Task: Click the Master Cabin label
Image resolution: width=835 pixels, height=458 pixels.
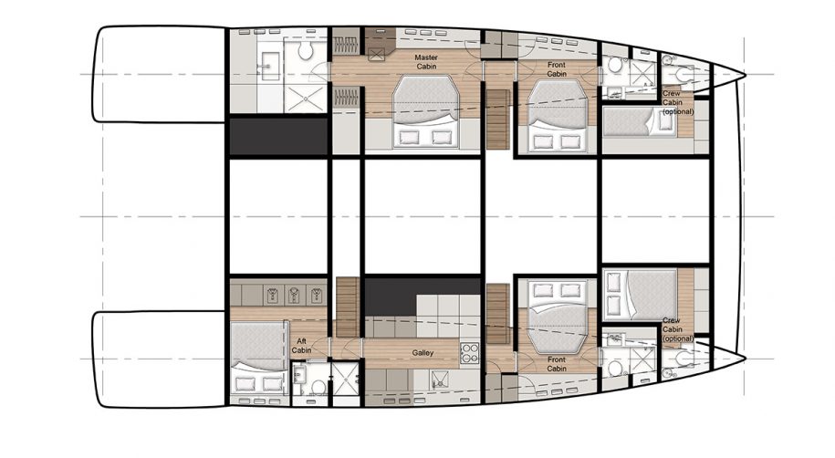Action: point(427,61)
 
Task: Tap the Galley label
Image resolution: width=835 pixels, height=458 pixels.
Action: point(422,353)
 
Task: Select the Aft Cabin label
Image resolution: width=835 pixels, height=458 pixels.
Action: point(302,344)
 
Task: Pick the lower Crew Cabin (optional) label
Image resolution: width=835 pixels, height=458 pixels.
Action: point(677,329)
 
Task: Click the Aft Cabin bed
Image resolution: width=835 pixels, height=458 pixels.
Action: point(258,357)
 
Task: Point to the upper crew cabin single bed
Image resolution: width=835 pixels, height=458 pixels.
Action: point(639,122)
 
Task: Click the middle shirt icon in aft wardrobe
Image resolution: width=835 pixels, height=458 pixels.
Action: point(293,294)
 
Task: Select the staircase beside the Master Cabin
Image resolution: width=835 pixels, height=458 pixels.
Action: point(498,119)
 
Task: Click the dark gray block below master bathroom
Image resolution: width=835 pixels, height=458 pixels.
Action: point(277,136)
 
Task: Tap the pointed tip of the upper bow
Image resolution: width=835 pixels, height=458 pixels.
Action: point(746,76)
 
